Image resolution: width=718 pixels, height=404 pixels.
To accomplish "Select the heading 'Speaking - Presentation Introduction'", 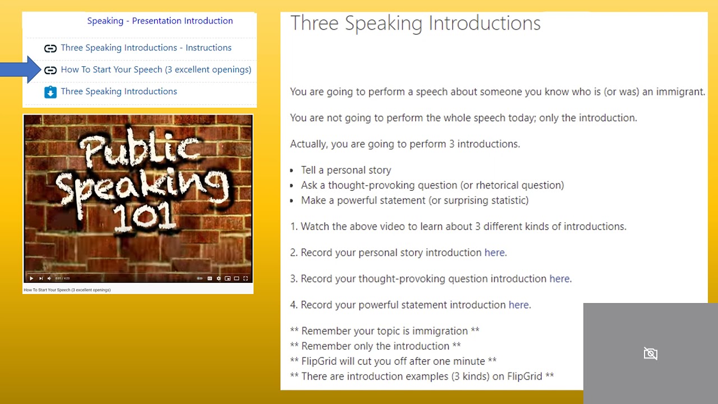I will (160, 21).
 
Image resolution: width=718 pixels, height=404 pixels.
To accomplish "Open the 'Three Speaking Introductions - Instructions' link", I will (146, 48).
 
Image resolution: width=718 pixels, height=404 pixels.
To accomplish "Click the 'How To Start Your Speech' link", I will (156, 70).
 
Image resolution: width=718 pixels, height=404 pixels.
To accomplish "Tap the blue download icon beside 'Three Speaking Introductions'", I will (50, 92).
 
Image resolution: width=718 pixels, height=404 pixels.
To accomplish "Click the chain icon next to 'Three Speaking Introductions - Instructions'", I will (50, 48).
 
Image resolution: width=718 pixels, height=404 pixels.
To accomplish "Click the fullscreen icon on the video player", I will (245, 278).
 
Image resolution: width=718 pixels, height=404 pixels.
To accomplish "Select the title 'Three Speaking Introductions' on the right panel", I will (415, 24).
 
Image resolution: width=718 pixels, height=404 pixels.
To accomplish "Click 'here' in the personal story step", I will (494, 252).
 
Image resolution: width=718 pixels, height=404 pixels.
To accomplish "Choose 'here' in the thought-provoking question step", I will (559, 279).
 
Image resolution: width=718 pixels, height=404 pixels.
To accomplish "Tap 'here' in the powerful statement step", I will (518, 305).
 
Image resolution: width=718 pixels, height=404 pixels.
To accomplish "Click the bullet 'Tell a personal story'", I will (346, 170).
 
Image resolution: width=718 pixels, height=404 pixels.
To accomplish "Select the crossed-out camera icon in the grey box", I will (650, 353).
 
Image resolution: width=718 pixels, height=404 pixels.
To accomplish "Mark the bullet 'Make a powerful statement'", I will (415, 200).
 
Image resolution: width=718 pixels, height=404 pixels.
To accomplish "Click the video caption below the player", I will (67, 290).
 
